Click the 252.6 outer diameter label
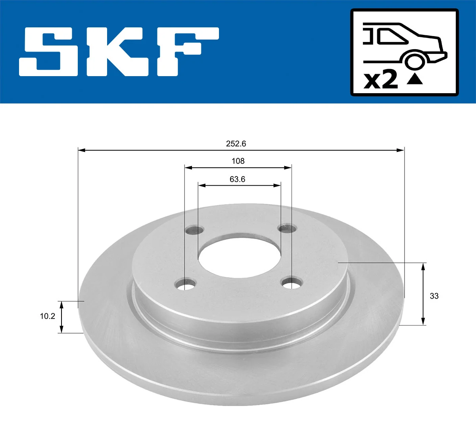point(236,144)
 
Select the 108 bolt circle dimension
point(238,161)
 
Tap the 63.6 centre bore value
point(237,179)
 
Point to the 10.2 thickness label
point(47,316)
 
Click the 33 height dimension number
point(434,296)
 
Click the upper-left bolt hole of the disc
point(194,230)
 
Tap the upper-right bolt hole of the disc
point(287,228)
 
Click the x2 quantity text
point(381,80)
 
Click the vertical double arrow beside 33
point(423,294)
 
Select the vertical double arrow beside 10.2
point(61,317)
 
